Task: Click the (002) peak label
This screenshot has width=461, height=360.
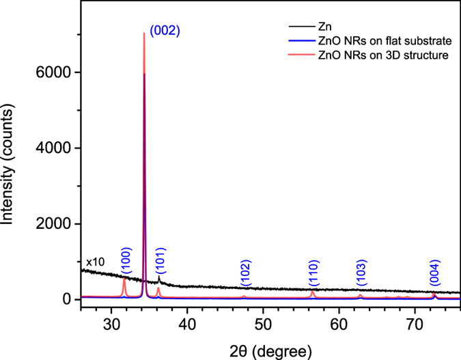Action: coord(165,31)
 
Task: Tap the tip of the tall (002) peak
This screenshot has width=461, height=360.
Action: coord(143,33)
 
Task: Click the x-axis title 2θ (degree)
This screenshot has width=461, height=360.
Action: coord(271,348)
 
